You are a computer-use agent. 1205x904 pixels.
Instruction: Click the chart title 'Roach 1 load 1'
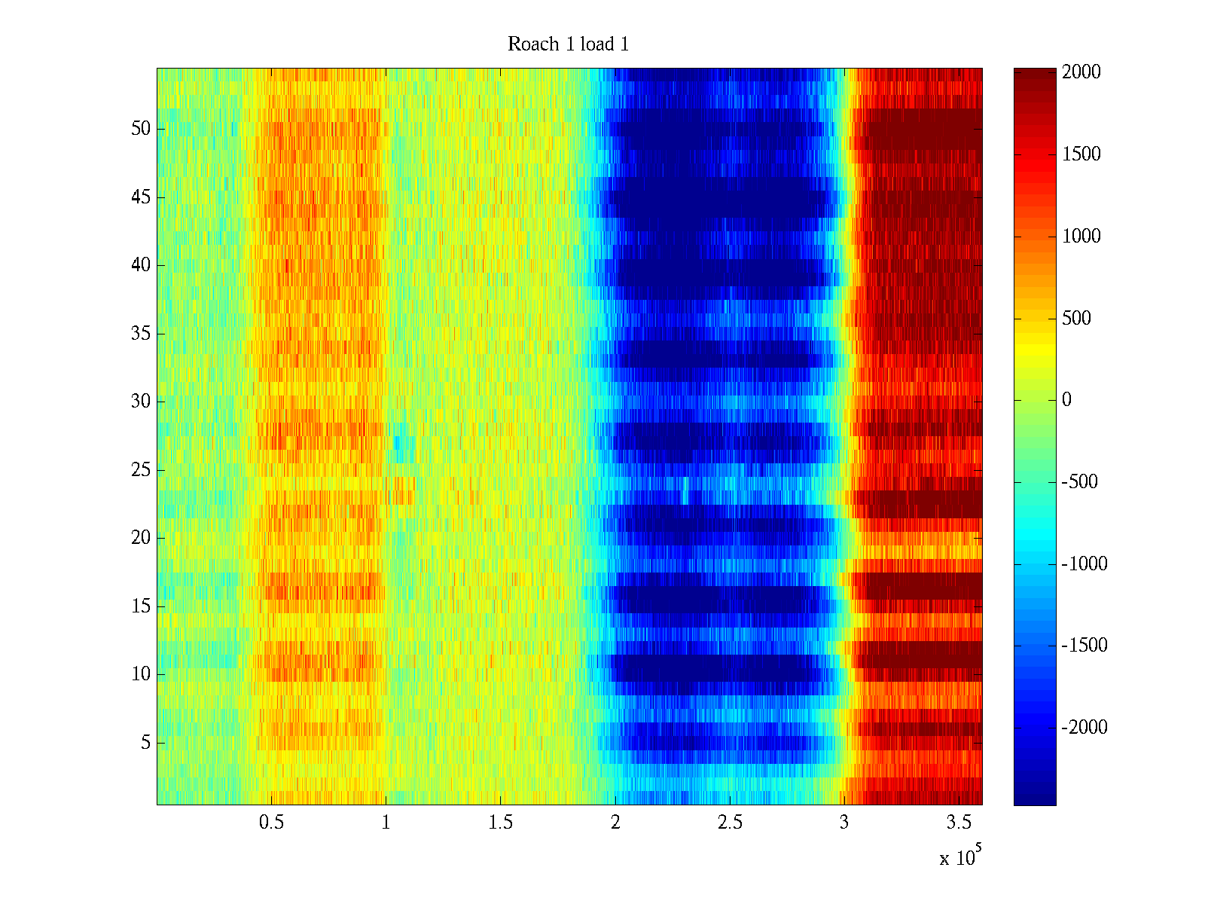(x=568, y=44)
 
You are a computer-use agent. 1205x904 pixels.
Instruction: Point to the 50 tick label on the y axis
(x=141, y=129)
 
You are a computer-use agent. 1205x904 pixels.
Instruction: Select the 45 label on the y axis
(x=141, y=197)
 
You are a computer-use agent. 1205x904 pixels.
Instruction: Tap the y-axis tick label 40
(x=141, y=265)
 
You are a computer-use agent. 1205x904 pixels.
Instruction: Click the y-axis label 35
(x=141, y=334)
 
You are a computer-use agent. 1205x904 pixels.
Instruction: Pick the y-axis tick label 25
(x=141, y=470)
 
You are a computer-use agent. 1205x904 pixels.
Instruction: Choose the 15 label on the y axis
(x=141, y=606)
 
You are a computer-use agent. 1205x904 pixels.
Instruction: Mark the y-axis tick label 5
(x=145, y=743)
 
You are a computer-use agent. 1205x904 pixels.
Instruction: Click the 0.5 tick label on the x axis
(x=271, y=822)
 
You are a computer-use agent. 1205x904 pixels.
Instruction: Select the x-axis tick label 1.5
(x=500, y=822)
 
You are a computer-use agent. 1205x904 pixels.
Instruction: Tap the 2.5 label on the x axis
(x=730, y=822)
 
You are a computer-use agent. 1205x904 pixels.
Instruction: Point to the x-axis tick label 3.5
(x=959, y=822)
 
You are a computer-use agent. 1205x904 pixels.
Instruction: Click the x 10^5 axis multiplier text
(x=960, y=857)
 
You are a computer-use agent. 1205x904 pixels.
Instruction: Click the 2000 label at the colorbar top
(x=1081, y=72)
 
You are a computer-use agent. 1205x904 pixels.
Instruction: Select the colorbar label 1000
(x=1081, y=237)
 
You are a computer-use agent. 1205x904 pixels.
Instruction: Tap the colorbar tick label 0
(x=1066, y=400)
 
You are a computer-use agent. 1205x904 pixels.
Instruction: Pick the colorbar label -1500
(x=1084, y=646)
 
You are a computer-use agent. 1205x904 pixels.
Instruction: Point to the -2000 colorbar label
(x=1084, y=728)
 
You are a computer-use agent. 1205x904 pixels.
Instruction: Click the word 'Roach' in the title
(x=529, y=44)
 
